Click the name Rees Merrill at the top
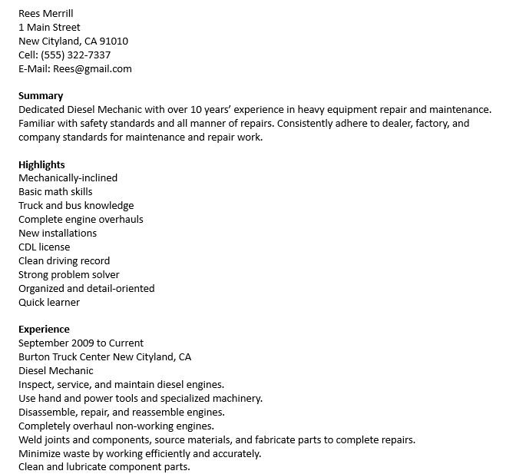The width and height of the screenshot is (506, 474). pyautogui.click(x=46, y=13)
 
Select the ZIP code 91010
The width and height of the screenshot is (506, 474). pyautogui.click(x=113, y=41)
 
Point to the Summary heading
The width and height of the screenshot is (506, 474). pyautogui.click(x=41, y=96)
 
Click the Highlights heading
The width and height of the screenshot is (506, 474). pyautogui.click(x=41, y=164)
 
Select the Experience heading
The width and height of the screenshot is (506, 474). pyautogui.click(x=44, y=329)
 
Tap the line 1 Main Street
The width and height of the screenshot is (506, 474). pyautogui.click(x=49, y=27)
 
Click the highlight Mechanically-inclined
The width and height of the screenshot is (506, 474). pyautogui.click(x=68, y=177)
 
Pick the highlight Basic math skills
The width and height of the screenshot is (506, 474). pyautogui.click(x=55, y=191)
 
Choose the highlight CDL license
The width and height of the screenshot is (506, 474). pyautogui.click(x=44, y=247)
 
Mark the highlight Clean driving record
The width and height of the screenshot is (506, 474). pyautogui.click(x=64, y=260)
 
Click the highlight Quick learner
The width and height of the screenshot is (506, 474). pyautogui.click(x=49, y=302)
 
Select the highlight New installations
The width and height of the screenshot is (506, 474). pyautogui.click(x=58, y=233)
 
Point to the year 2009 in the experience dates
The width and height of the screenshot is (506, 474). pyautogui.click(x=82, y=343)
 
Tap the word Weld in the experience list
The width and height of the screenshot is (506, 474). pyautogui.click(x=31, y=439)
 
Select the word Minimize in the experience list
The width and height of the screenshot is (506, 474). pyautogui.click(x=40, y=453)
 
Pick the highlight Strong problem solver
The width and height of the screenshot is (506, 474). pyautogui.click(x=69, y=274)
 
